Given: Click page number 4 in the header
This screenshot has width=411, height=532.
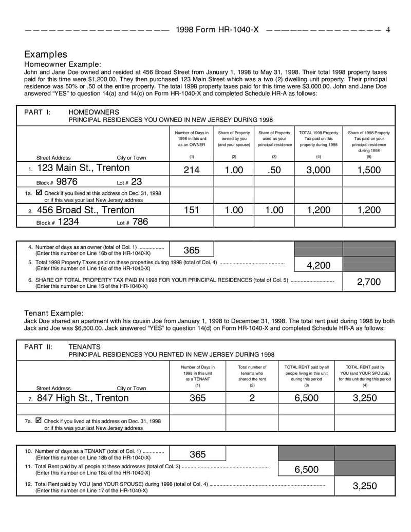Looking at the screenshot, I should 388,30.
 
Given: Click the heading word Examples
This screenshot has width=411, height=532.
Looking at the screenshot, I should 46,54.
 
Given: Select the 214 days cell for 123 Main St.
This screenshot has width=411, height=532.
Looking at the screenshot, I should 192,170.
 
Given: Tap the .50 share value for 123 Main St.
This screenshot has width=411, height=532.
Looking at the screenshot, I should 274,170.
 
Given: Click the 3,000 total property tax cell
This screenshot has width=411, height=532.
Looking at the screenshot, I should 319,170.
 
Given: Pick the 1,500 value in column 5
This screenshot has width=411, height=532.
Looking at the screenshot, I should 369,170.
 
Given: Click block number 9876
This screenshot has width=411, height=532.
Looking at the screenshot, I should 67,181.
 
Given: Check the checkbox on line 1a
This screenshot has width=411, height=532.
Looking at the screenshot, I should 39,193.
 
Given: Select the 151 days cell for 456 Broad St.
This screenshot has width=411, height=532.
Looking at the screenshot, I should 192,210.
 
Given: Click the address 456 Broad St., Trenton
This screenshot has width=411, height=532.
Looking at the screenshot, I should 85,210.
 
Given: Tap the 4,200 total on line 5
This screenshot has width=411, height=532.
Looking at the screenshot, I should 319,265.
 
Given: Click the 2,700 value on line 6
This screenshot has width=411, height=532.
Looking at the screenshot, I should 369,282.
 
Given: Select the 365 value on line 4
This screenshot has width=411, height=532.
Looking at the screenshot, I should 192,250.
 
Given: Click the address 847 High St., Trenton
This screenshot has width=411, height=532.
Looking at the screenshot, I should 83,398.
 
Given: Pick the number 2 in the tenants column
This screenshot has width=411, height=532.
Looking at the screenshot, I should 252,398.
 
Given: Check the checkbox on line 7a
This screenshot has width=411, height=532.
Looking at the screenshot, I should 39,420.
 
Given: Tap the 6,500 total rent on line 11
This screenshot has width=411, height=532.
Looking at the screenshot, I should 307,469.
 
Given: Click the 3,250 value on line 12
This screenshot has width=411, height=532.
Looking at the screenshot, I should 365,486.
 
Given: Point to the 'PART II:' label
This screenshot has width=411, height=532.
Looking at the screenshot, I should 38,346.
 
